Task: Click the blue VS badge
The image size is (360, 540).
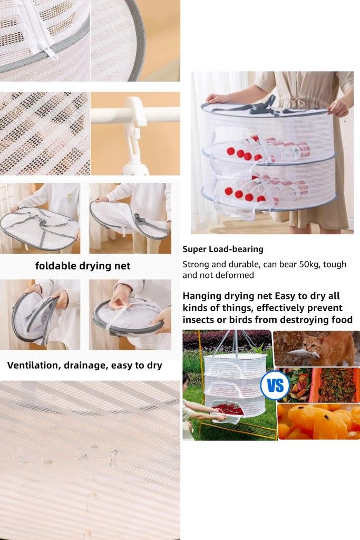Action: click(275, 385)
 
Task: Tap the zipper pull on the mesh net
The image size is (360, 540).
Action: click(47, 51)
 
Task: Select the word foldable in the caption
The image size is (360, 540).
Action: click(56, 266)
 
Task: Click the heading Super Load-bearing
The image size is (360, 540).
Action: click(222, 249)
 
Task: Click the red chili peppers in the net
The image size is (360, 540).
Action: click(229, 410)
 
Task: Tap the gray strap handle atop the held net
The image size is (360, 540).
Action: click(263, 106)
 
